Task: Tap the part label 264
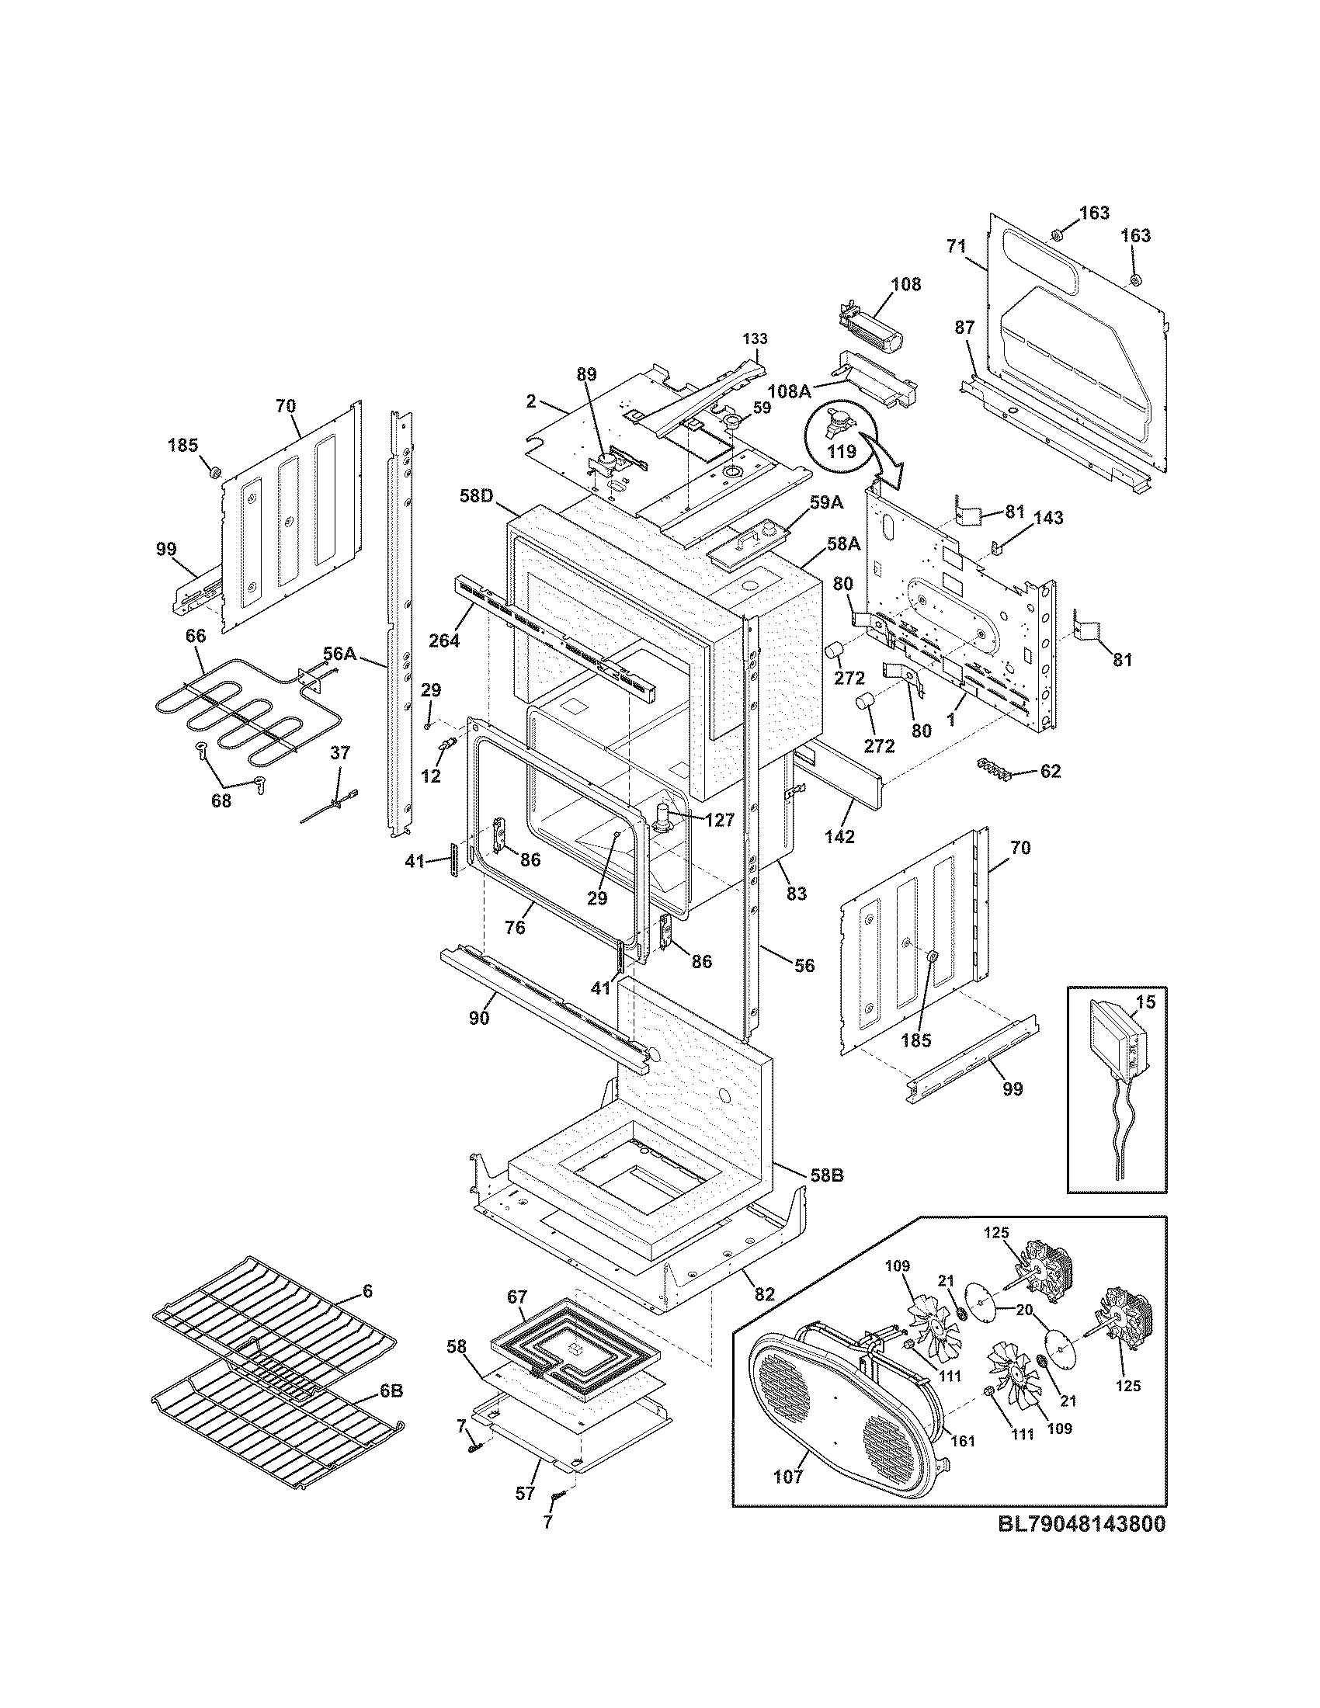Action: click(443, 640)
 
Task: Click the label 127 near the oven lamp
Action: click(719, 820)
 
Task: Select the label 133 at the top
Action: click(755, 338)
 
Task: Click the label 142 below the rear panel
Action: click(839, 836)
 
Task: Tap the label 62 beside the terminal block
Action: click(1051, 771)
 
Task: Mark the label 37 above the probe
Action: click(339, 752)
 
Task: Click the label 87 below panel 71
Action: click(964, 328)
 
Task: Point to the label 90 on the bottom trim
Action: click(479, 1018)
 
